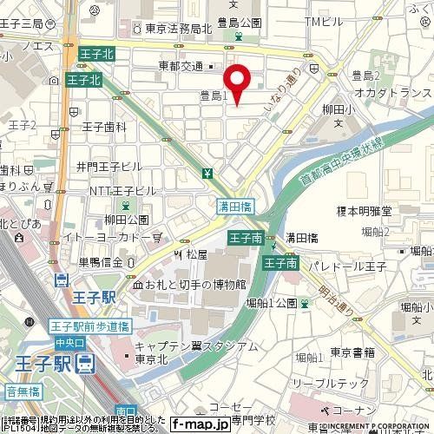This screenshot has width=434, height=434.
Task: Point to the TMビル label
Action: [339, 21]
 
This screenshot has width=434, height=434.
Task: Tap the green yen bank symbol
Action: [207, 174]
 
